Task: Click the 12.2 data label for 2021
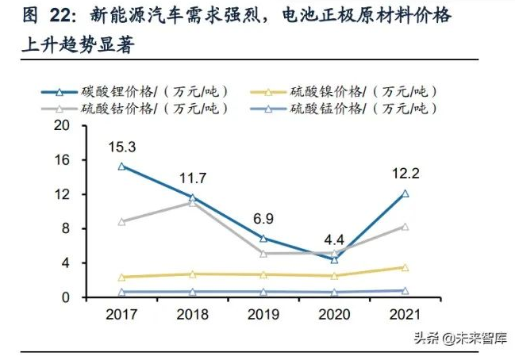[405, 173]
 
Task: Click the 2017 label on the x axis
[121, 315]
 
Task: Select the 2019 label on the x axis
[263, 315]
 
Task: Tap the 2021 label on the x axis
[405, 315]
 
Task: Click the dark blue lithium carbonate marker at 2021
[405, 193]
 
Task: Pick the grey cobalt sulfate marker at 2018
[192, 202]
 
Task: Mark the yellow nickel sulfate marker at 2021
[405, 268]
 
